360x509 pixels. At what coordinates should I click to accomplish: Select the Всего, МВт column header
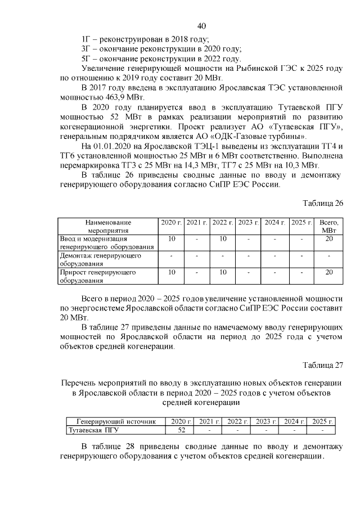click(x=329, y=227)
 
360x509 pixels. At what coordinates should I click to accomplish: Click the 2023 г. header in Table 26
click(x=247, y=223)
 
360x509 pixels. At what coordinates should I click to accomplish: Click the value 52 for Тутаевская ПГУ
click(x=181, y=430)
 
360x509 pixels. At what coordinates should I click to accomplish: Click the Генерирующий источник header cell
click(x=115, y=422)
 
